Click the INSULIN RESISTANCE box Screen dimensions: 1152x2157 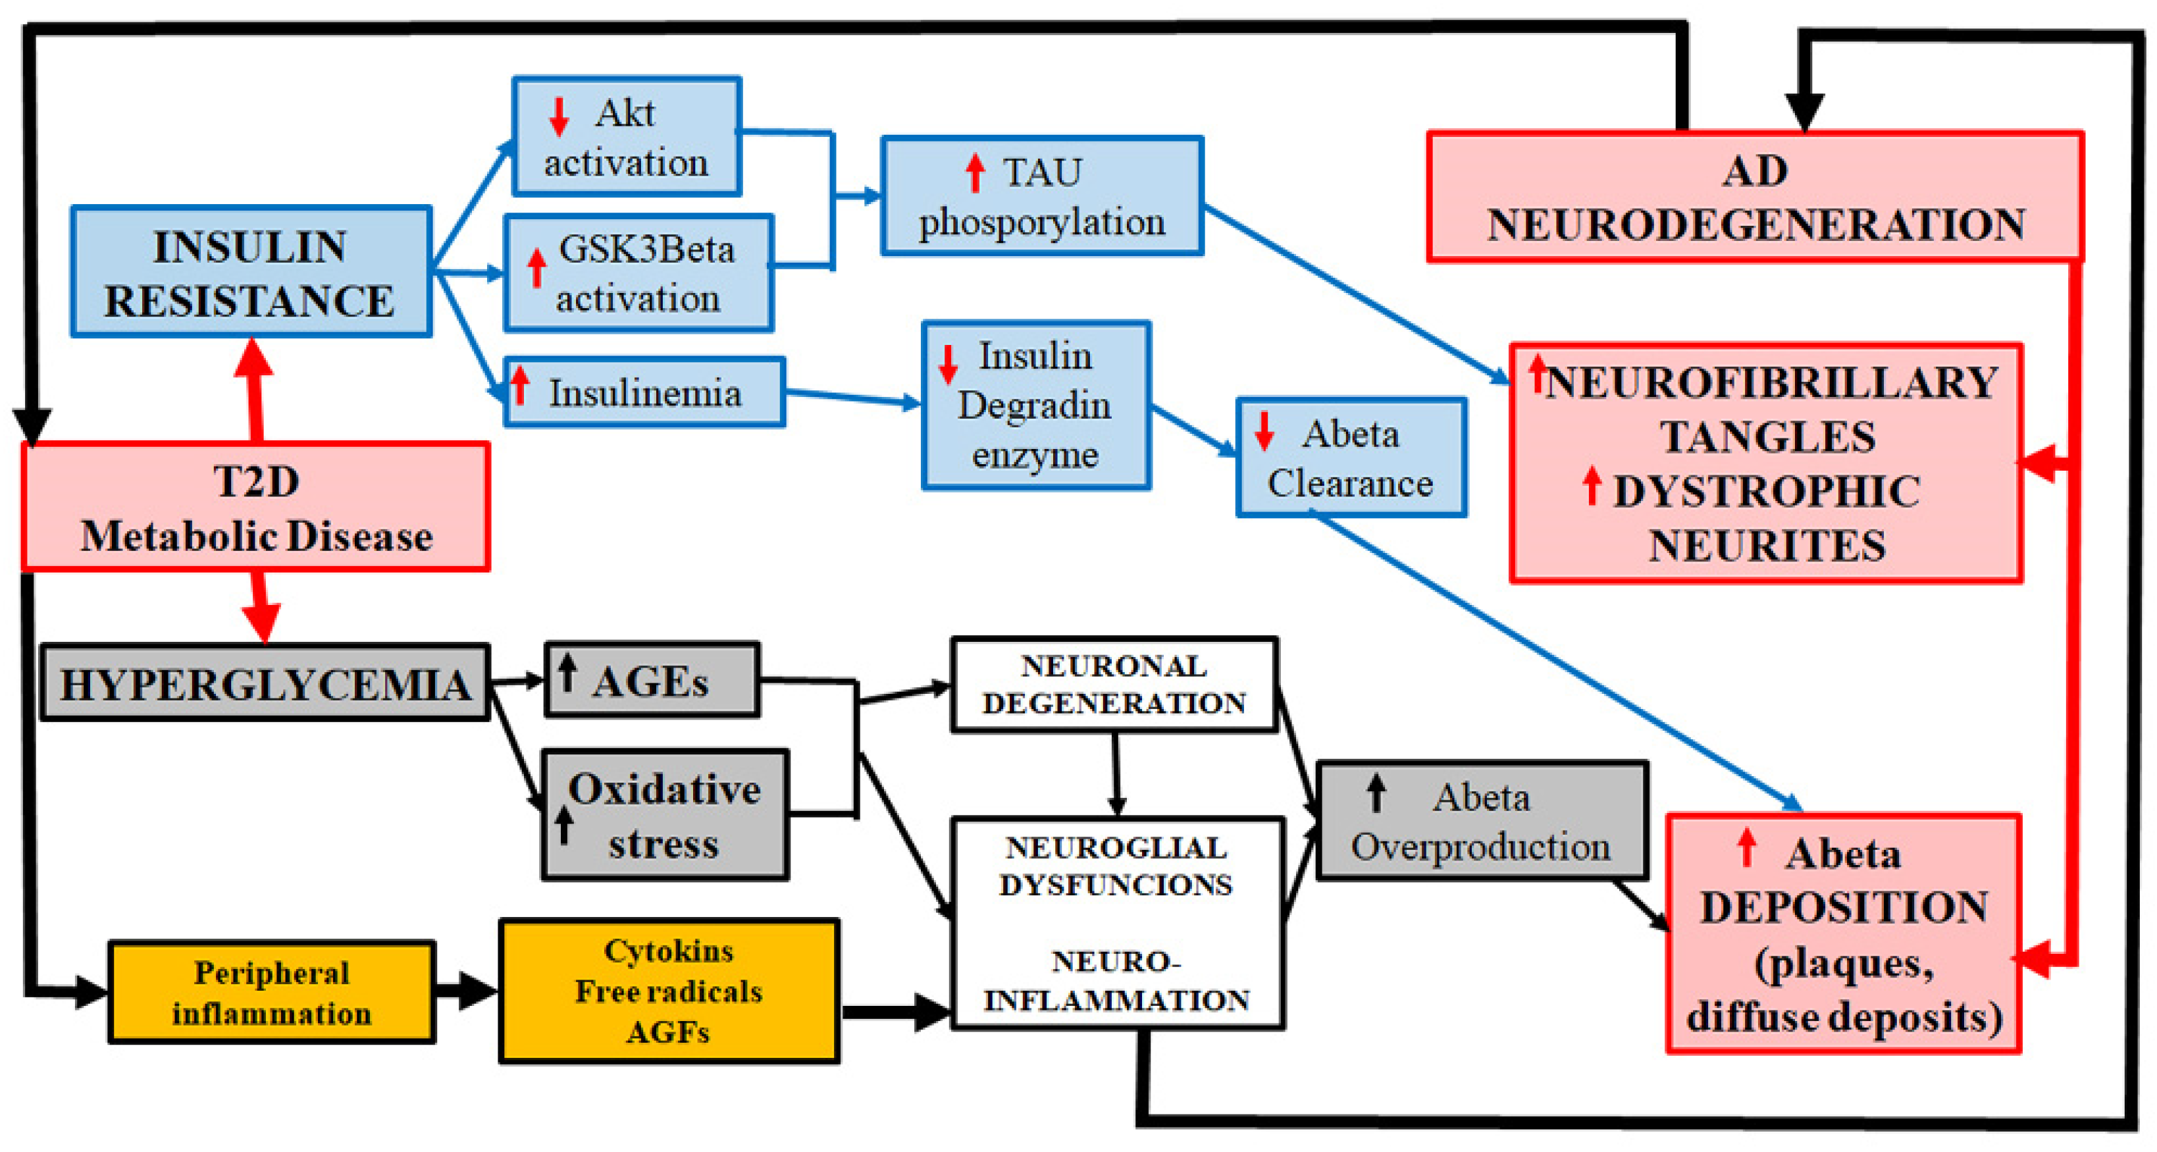click(x=251, y=272)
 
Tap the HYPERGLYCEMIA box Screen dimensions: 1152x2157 click(x=265, y=683)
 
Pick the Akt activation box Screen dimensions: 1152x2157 click(x=627, y=136)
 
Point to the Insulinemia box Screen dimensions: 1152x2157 click(x=644, y=392)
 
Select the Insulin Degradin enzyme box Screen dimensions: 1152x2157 click(x=1036, y=406)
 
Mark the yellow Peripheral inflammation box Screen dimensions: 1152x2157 click(x=271, y=992)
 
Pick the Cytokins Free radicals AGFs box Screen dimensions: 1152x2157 click(x=669, y=991)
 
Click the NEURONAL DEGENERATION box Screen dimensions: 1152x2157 click(x=1114, y=684)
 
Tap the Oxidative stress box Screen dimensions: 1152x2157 click(x=665, y=814)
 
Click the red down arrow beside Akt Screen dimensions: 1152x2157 click(x=559, y=117)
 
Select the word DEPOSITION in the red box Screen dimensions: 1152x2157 click(x=1844, y=906)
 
